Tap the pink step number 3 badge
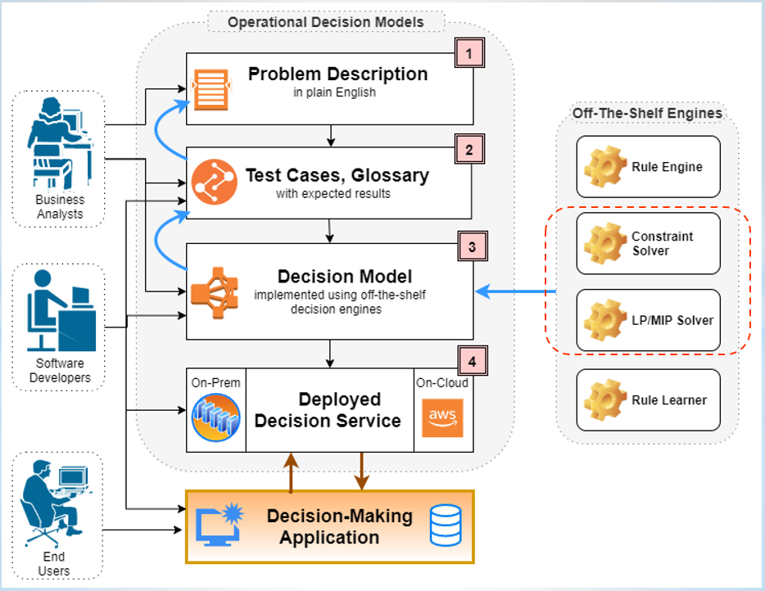473,246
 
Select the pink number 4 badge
473,361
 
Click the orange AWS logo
442,418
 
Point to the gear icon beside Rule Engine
605,167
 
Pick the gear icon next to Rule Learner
605,399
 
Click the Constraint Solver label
662,243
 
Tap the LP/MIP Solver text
672,320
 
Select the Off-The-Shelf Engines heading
647,113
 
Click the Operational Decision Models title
326,22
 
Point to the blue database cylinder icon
446,526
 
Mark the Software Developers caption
60,371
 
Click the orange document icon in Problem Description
211,90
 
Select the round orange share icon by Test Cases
214,182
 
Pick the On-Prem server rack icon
215,417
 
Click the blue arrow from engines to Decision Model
515,291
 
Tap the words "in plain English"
335,92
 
